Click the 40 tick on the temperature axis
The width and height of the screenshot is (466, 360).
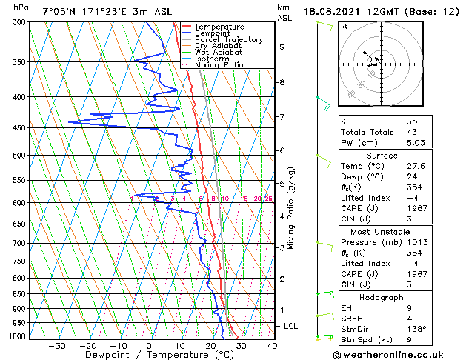click(x=272, y=346)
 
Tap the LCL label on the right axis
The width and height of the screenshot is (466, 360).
click(x=292, y=326)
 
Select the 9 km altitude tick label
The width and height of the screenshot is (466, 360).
click(x=282, y=47)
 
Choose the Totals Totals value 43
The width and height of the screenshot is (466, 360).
click(x=413, y=132)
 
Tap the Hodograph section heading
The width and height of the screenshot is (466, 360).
click(x=382, y=297)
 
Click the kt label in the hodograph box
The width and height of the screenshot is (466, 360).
click(x=344, y=27)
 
